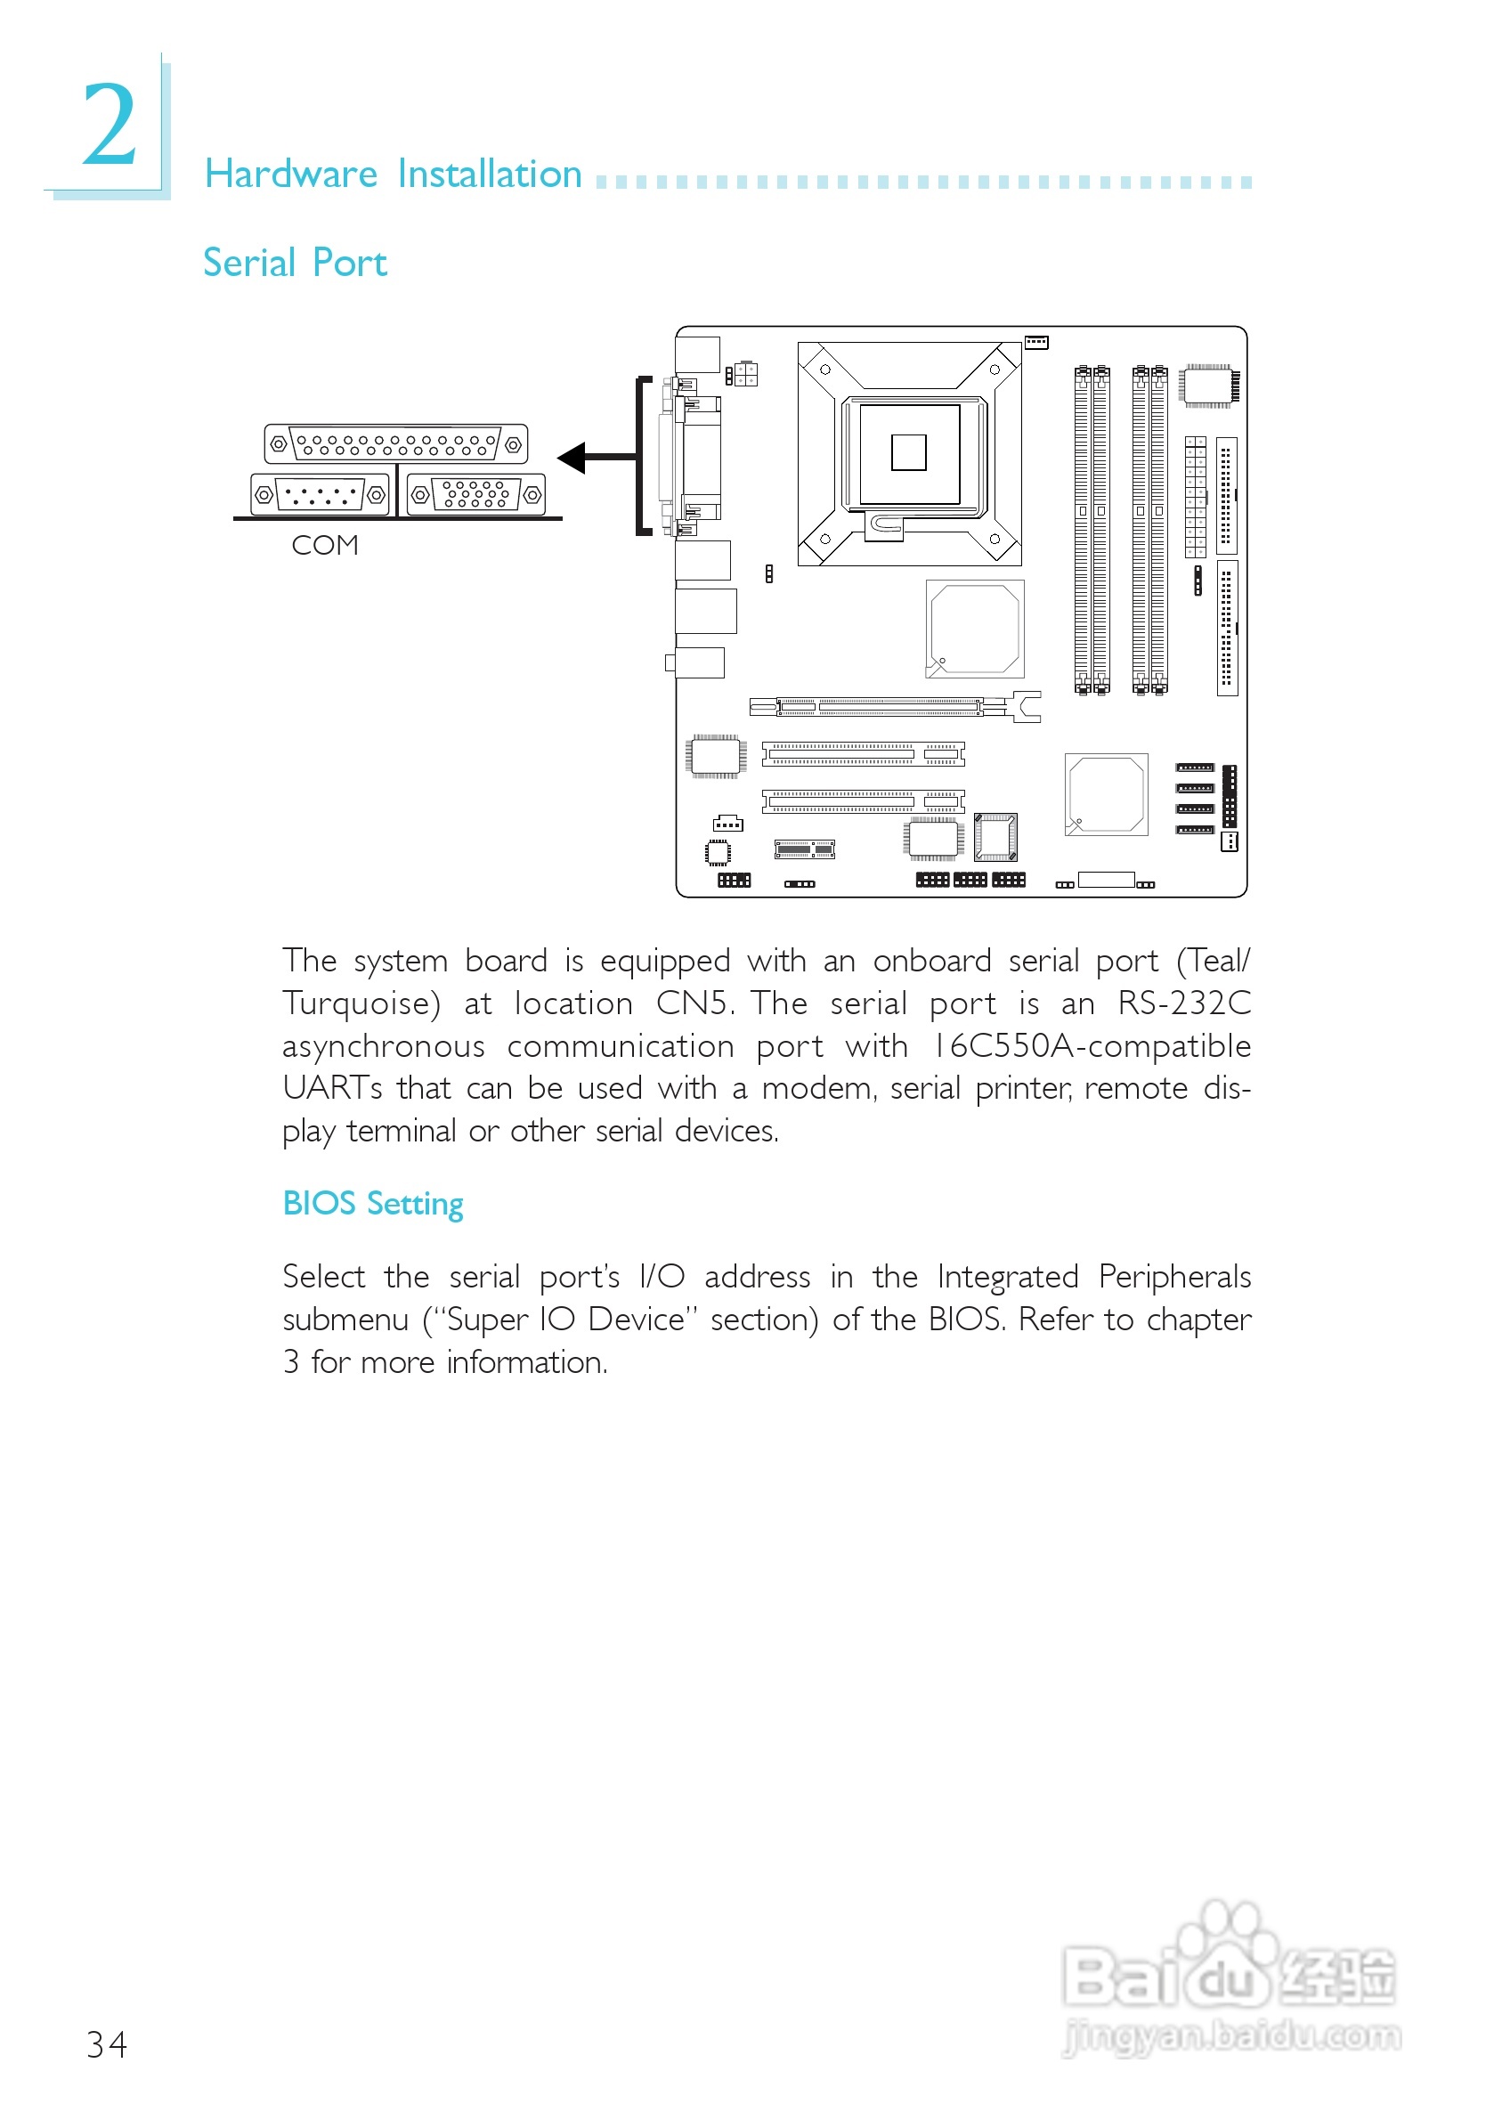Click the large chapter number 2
[109, 125]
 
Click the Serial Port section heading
[295, 264]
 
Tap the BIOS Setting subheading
[373, 1204]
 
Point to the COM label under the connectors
[324, 546]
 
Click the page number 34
[106, 2044]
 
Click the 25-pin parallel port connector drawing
[396, 444]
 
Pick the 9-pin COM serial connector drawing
[320, 495]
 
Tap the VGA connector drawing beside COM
[475, 494]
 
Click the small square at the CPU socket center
[908, 452]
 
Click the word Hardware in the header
[291, 175]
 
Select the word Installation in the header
[490, 175]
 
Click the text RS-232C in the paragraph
[1185, 1003]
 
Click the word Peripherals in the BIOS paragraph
[1174, 1277]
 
